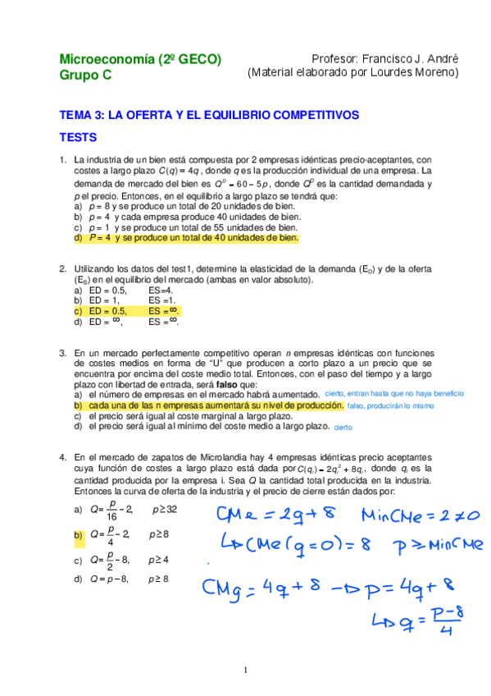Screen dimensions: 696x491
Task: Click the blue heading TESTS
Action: [x=78, y=137]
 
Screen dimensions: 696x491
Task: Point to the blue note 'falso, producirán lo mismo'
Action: [x=390, y=405]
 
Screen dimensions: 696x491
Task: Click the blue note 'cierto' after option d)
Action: [x=343, y=427]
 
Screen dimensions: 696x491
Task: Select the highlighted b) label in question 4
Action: [x=78, y=535]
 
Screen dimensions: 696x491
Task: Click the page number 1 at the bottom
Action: [x=245, y=671]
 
